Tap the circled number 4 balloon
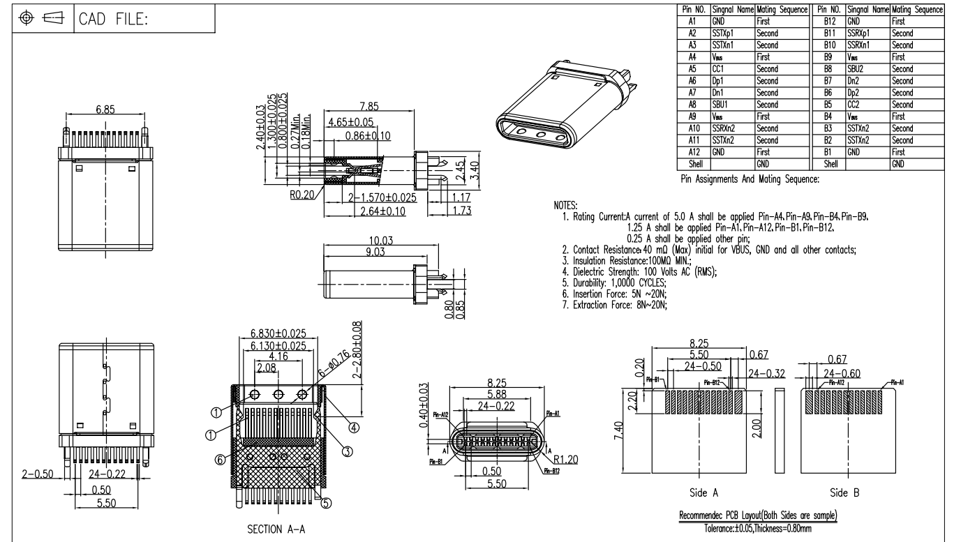(x=354, y=427)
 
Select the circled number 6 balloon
(x=219, y=460)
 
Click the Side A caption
(x=703, y=492)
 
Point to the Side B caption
(x=844, y=492)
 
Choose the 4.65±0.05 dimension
(x=350, y=122)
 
